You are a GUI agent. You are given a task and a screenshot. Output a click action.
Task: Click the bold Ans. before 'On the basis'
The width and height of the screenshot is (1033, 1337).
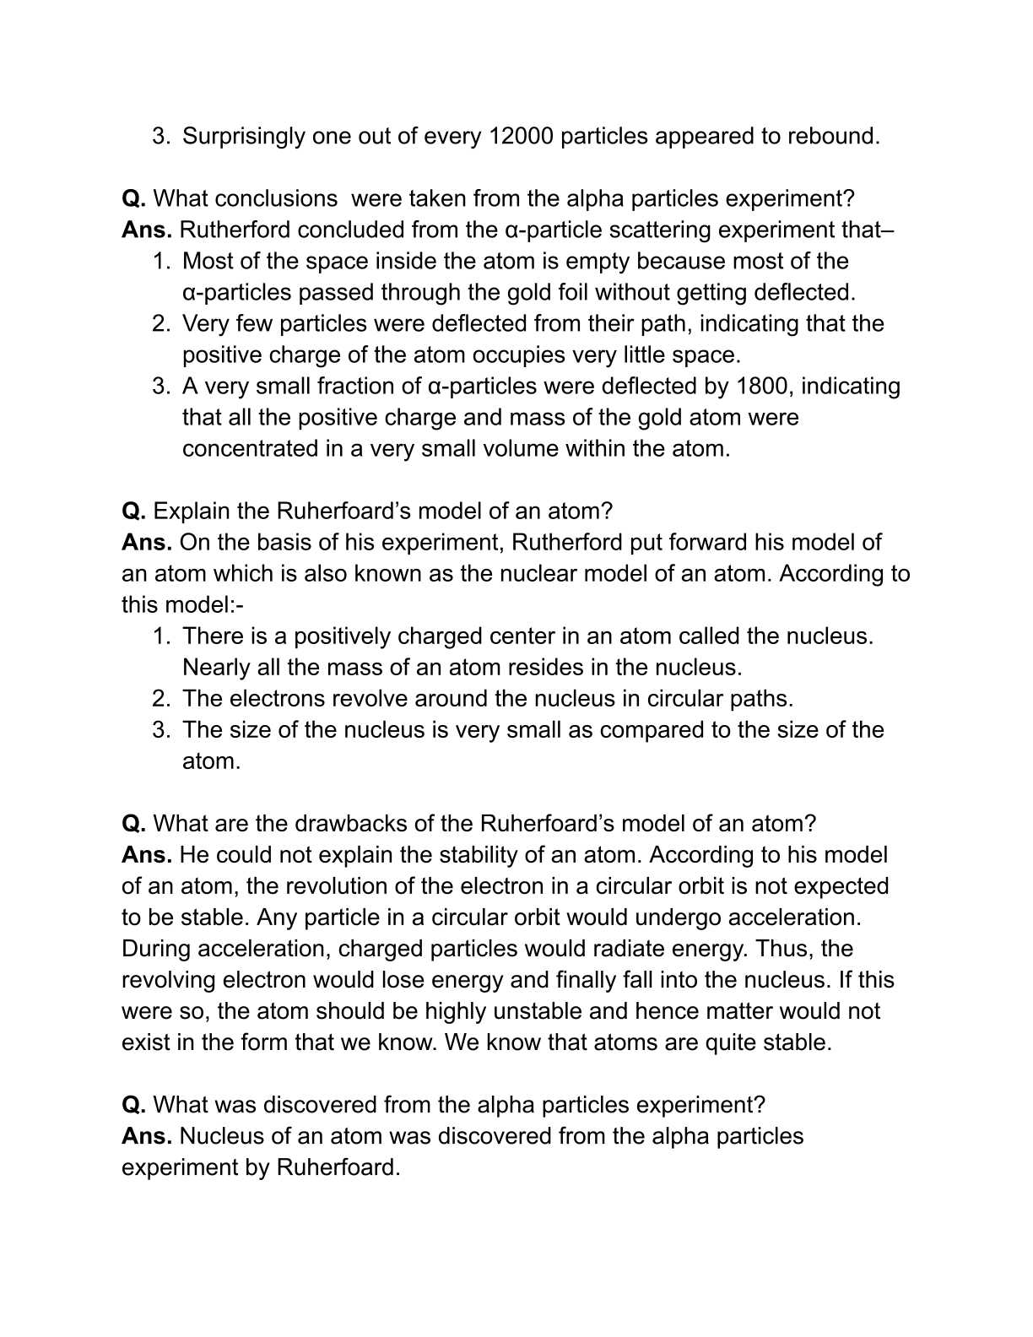point(147,542)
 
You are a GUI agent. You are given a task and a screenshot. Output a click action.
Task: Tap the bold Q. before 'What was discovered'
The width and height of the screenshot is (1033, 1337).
point(134,1105)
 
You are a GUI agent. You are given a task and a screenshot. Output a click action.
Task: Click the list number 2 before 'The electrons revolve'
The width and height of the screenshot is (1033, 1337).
point(160,698)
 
